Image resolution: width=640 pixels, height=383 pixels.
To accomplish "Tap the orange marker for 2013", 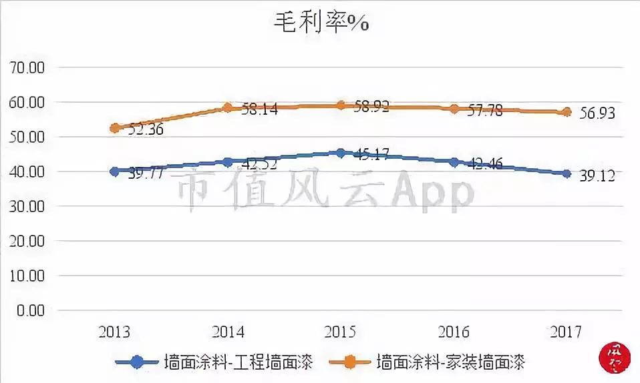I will [115, 127].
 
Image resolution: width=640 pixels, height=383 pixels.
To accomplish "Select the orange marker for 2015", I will [341, 105].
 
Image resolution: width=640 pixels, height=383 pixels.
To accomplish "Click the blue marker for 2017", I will [567, 173].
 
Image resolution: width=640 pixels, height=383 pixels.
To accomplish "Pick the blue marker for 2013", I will [115, 171].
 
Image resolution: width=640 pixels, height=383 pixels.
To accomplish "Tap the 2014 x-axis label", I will [228, 332].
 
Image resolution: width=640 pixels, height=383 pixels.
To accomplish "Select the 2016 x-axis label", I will [454, 332].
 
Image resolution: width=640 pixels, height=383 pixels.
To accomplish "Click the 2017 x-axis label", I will [567, 332].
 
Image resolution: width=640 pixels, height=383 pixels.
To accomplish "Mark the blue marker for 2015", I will [341, 153].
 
